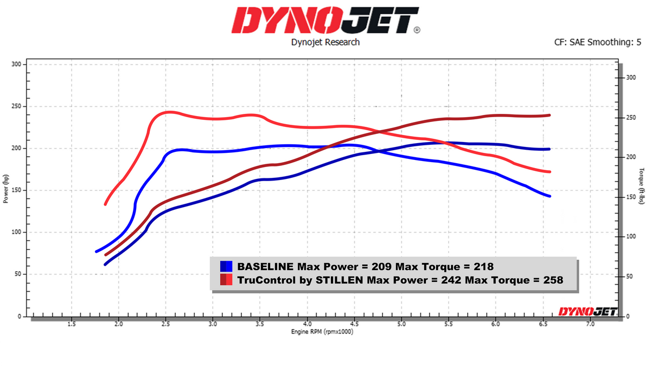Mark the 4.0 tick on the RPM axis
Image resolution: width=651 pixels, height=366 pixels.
307,324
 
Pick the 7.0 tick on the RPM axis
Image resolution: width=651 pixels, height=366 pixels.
590,324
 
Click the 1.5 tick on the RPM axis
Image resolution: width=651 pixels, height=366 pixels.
71,324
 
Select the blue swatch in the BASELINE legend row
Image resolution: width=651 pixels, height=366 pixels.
226,266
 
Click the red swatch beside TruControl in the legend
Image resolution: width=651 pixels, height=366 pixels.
226,280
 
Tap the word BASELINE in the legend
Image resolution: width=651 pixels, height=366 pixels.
265,266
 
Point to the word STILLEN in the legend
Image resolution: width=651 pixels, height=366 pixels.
342,280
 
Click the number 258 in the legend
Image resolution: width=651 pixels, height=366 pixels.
552,280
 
